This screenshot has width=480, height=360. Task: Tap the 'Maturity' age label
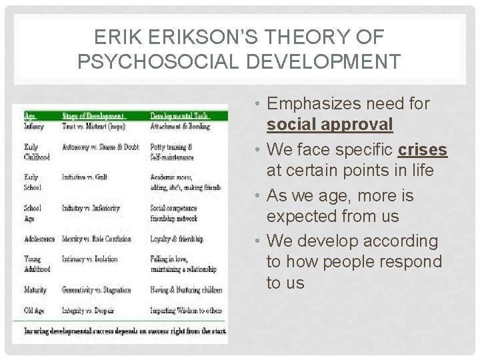click(35, 290)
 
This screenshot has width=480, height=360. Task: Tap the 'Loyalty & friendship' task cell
click(177, 238)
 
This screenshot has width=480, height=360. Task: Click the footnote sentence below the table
click(125, 331)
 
